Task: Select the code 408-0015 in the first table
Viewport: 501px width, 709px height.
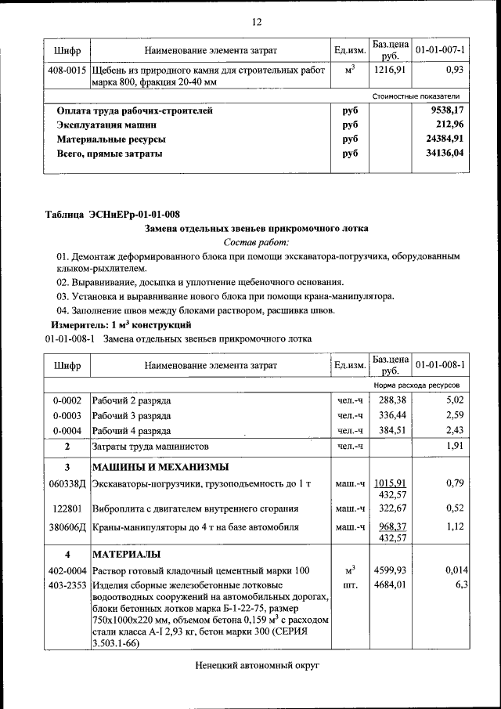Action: [67, 70]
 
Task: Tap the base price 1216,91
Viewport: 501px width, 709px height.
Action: [389, 70]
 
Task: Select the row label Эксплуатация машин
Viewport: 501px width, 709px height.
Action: [106, 125]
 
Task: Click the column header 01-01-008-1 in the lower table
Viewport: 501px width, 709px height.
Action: [441, 365]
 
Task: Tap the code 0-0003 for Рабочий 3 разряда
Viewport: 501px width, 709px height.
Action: [67, 415]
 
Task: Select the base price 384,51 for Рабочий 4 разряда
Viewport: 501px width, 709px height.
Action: [389, 430]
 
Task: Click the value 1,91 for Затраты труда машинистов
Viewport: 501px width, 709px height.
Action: [455, 446]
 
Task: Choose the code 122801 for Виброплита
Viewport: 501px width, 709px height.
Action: [67, 508]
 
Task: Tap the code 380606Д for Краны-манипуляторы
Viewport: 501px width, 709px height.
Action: [67, 527]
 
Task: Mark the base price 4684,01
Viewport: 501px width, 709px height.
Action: [389, 584]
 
